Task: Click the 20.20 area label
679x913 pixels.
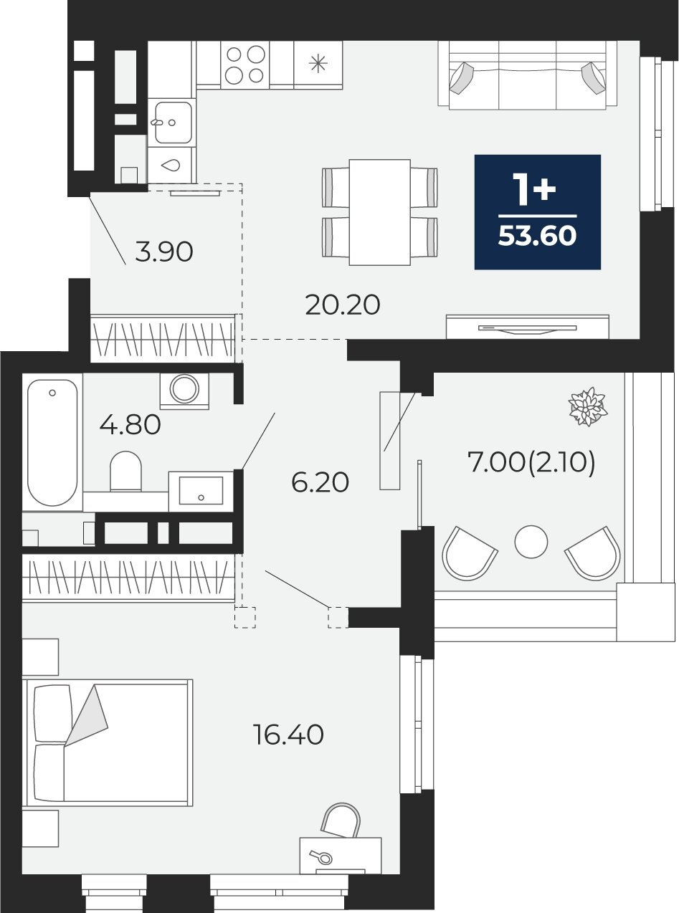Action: (343, 305)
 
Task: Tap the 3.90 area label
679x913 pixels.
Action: (164, 252)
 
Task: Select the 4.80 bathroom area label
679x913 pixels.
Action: (130, 425)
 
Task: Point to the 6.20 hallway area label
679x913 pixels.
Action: (320, 482)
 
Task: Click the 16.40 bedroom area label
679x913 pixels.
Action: (289, 735)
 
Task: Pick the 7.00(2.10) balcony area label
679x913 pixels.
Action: (531, 463)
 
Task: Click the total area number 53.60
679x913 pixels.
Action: (537, 236)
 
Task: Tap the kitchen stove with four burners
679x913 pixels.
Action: (245, 64)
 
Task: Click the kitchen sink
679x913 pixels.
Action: (173, 123)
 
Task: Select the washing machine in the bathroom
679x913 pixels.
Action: (184, 389)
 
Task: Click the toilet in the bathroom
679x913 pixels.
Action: (125, 472)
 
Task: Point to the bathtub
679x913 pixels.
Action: (52, 443)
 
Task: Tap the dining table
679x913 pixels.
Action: (379, 212)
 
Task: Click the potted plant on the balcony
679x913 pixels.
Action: (588, 406)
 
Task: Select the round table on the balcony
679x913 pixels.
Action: (531, 542)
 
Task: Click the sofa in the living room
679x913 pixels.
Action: (528, 75)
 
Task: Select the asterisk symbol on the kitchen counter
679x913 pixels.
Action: (318, 64)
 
